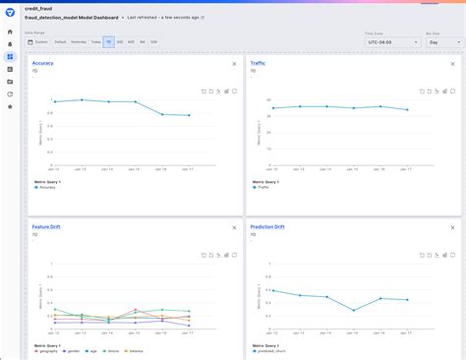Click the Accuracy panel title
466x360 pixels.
coord(42,63)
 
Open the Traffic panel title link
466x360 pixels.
coord(258,63)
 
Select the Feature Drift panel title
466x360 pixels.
coord(47,227)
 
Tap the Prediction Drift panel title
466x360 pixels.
coord(267,227)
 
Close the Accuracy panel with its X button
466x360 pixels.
coord(233,64)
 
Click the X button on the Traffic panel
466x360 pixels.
coord(451,64)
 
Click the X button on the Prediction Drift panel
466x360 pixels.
coord(451,227)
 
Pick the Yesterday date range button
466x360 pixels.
coord(78,42)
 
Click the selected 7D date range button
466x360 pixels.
coord(108,42)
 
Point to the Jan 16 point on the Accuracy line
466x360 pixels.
coord(162,114)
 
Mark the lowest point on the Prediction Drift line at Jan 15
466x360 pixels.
coord(354,310)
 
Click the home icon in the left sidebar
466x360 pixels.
coord(10,32)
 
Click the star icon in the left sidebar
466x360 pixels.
coord(10,106)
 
